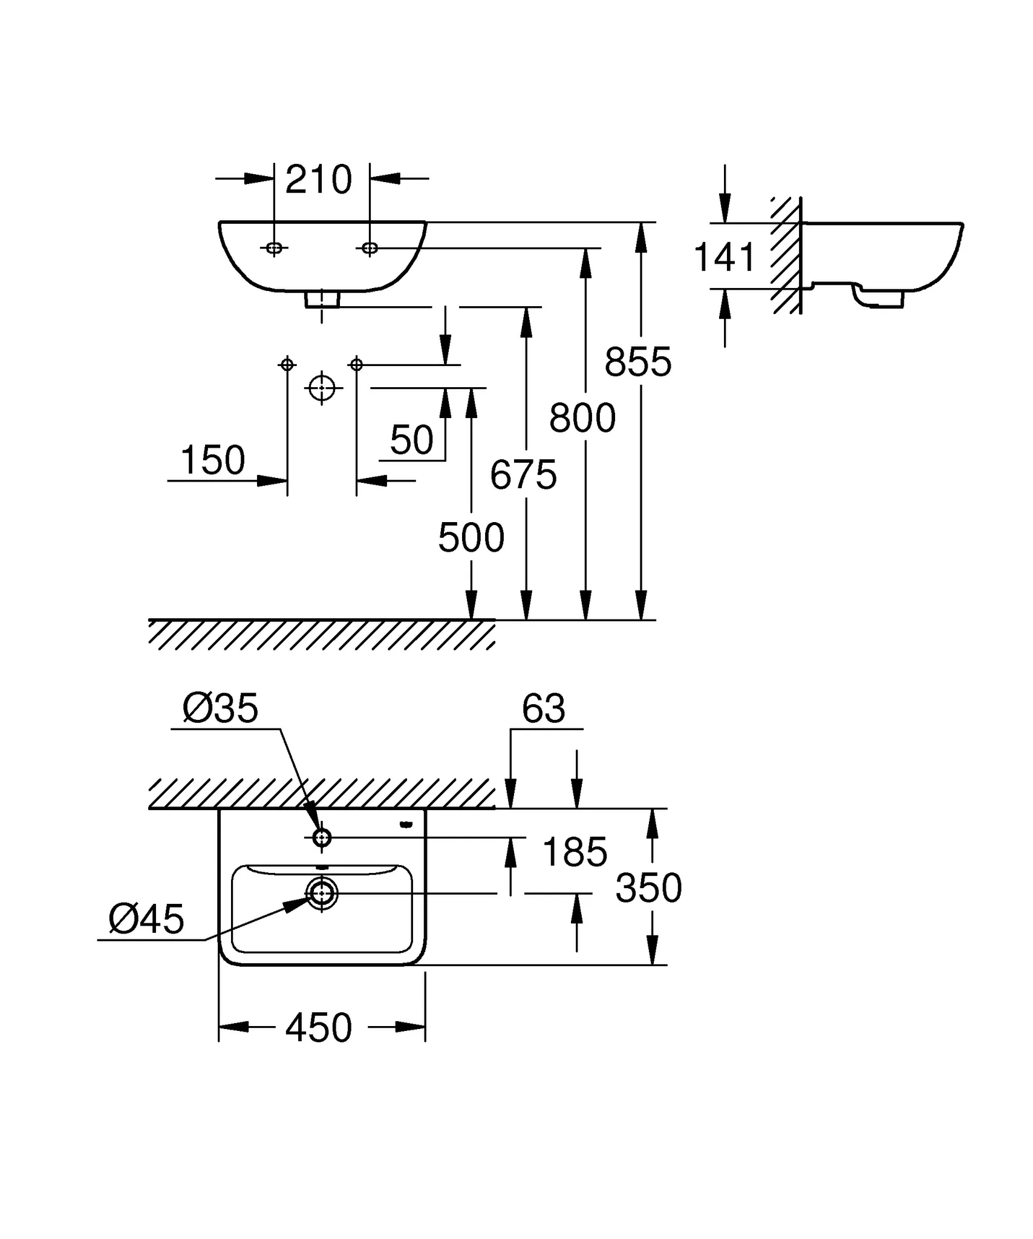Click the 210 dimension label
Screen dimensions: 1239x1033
pos(318,180)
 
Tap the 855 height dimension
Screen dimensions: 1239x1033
pos(637,362)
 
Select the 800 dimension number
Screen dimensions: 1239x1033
pos(582,418)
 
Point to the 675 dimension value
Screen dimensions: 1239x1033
pos(523,475)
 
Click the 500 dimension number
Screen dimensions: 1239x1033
pos(471,538)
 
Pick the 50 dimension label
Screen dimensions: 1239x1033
pos(411,440)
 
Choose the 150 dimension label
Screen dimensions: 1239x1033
pos(212,460)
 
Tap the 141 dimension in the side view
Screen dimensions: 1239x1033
pos(725,257)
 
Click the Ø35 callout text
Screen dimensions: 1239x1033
pos(220,708)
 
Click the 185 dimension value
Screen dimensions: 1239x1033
pos(575,852)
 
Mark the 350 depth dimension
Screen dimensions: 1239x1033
pos(648,888)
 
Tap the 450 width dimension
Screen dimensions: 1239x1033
pos(318,1028)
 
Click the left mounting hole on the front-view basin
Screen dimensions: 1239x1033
pos(274,247)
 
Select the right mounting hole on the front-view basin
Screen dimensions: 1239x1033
pos(370,247)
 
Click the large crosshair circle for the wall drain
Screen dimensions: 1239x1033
pos(322,387)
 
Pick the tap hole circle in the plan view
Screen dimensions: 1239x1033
pos(322,838)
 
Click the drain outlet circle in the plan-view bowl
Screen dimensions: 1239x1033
pos(322,893)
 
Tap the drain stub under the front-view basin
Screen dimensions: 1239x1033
pos(322,299)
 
